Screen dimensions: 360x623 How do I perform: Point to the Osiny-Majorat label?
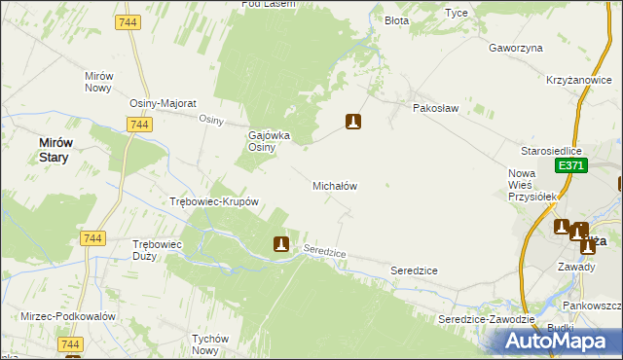tap(164, 103)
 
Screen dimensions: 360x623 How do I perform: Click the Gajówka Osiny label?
tap(271, 141)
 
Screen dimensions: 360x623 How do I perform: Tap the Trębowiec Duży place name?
tap(158, 250)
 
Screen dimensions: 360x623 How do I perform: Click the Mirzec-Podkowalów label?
tap(68, 317)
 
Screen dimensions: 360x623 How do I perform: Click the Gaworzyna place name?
tap(515, 47)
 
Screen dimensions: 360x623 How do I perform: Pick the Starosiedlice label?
tap(551, 152)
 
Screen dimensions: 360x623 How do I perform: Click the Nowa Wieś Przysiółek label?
tap(531, 184)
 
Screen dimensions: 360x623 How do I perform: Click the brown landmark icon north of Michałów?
tap(354, 122)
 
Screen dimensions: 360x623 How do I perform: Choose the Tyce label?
tap(456, 14)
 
